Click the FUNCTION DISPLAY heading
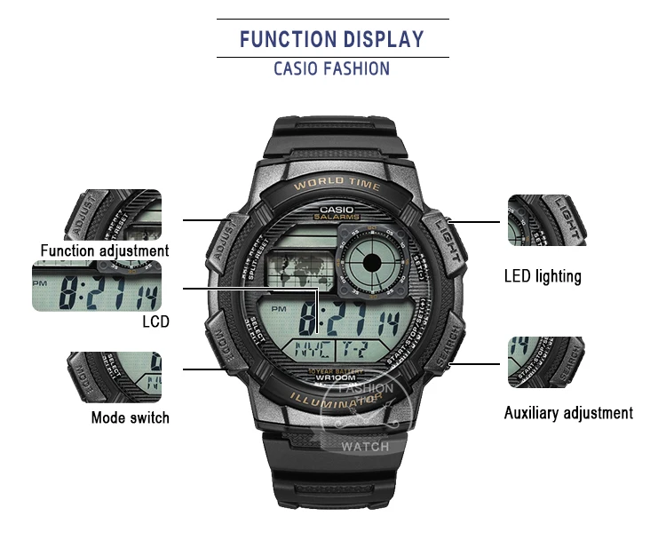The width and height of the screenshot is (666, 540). [332, 39]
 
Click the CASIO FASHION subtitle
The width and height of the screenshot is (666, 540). [332, 68]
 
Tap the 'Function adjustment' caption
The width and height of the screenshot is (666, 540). [105, 250]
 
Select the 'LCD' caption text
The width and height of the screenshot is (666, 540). [155, 322]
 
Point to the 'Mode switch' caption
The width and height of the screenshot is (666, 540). [130, 417]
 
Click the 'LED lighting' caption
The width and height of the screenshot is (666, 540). [543, 276]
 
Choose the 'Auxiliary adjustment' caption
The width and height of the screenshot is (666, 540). [568, 412]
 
